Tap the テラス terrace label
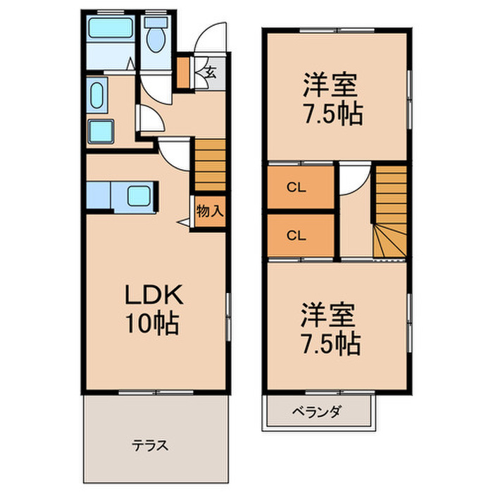click(151, 445)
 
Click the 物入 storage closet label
click(209, 211)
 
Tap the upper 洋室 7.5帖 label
click(332, 99)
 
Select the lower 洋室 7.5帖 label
click(331, 327)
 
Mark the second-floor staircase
click(390, 211)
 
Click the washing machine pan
click(102, 132)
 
